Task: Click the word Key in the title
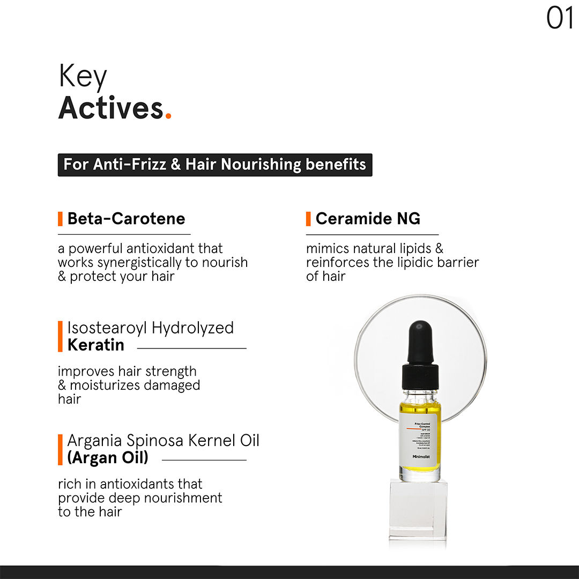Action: point(83,76)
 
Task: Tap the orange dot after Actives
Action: point(168,116)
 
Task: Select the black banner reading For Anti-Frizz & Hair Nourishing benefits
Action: point(214,164)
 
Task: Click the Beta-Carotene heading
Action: point(126,219)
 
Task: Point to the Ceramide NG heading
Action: point(368,219)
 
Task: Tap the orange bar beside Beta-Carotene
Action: point(60,219)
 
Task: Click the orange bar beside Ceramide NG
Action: point(308,219)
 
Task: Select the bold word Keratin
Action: point(95,345)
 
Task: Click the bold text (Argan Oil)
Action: point(107,458)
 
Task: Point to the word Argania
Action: point(94,441)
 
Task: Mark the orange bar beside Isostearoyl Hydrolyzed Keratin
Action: point(60,336)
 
